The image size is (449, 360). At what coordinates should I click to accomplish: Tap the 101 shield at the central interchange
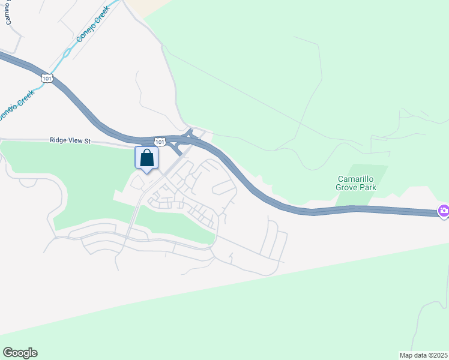tap(159, 142)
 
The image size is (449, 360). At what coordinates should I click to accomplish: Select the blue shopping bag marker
tap(146, 159)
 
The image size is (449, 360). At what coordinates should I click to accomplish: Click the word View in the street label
tap(75, 141)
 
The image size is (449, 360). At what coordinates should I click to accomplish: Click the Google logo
tap(20, 353)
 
